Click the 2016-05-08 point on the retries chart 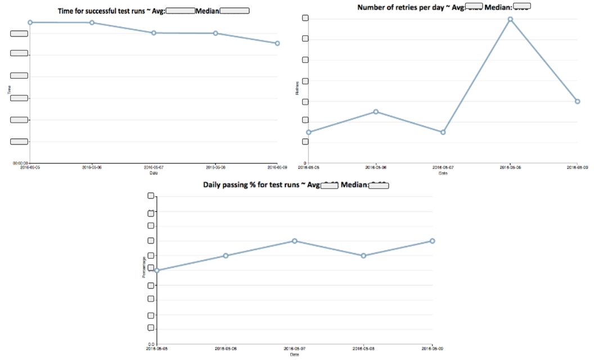click(x=510, y=19)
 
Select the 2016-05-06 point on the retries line click(x=376, y=111)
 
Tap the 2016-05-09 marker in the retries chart click(x=578, y=101)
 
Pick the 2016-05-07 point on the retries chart click(x=443, y=132)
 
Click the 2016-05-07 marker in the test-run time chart click(x=154, y=33)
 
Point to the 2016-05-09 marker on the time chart click(x=277, y=43)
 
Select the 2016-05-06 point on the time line click(x=92, y=22)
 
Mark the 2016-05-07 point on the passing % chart click(x=294, y=241)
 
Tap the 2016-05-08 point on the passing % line click(x=363, y=255)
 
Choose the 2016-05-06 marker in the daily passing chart click(x=226, y=255)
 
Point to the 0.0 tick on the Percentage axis click(x=150, y=344)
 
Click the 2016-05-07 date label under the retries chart click(x=443, y=167)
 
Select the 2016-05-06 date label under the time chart click(x=92, y=167)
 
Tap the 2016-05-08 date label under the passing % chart click(x=363, y=348)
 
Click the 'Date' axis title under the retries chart click(x=443, y=173)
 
